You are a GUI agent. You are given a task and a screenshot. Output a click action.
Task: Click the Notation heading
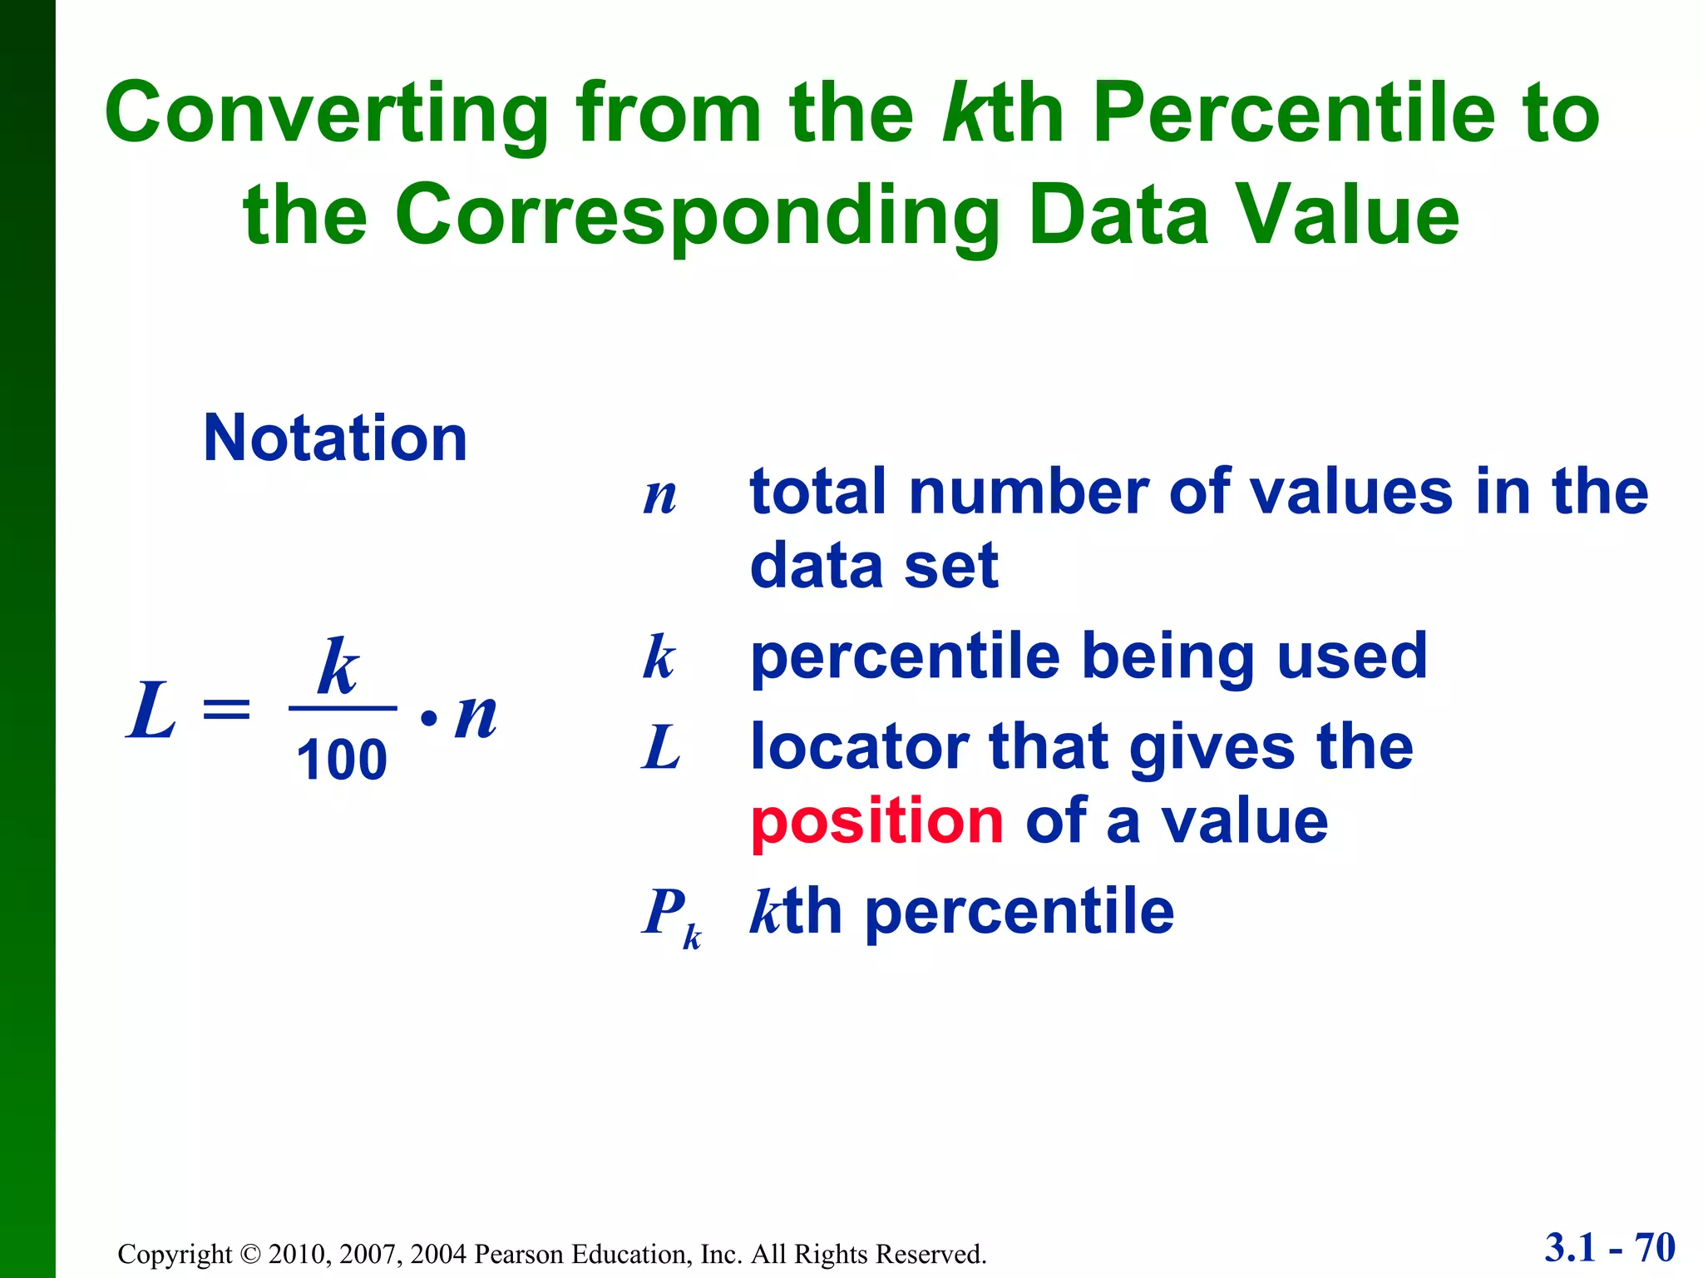click(335, 438)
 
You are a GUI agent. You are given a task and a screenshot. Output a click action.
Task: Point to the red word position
click(877, 820)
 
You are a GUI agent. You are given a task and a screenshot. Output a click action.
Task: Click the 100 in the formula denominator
click(342, 760)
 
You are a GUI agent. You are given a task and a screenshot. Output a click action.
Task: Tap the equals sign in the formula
click(226, 711)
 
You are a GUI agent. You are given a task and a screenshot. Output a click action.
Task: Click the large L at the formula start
click(151, 711)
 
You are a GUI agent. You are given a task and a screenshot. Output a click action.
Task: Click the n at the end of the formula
click(476, 716)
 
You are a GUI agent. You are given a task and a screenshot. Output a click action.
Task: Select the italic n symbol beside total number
click(659, 497)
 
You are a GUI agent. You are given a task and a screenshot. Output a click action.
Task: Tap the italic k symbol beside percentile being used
click(659, 657)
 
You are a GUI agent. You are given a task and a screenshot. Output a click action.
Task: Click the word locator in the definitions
click(859, 746)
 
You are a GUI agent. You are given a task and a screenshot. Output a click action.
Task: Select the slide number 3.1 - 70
click(1609, 1248)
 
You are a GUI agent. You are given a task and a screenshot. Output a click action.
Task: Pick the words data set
click(873, 566)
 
